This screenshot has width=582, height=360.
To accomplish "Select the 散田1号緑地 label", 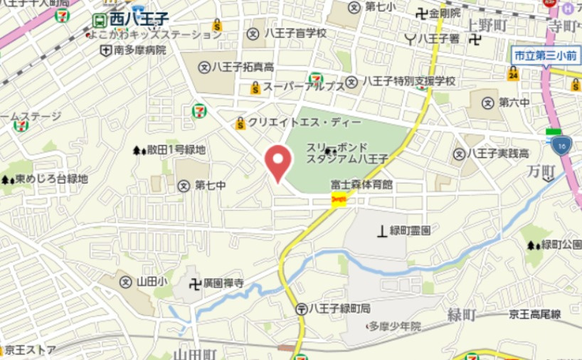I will coord(176,150).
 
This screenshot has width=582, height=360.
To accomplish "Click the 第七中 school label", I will coord(210,186).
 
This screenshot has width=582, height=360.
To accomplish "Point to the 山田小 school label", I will coord(152,282).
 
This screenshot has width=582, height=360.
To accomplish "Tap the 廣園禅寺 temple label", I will coord(223,283).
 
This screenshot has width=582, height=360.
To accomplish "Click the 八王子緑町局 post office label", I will coord(340,309).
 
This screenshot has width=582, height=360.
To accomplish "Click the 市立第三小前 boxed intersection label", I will coord(546,55).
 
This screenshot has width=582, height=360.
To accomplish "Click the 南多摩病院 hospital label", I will coord(139,50).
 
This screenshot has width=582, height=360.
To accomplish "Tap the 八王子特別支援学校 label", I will coord(408,82).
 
